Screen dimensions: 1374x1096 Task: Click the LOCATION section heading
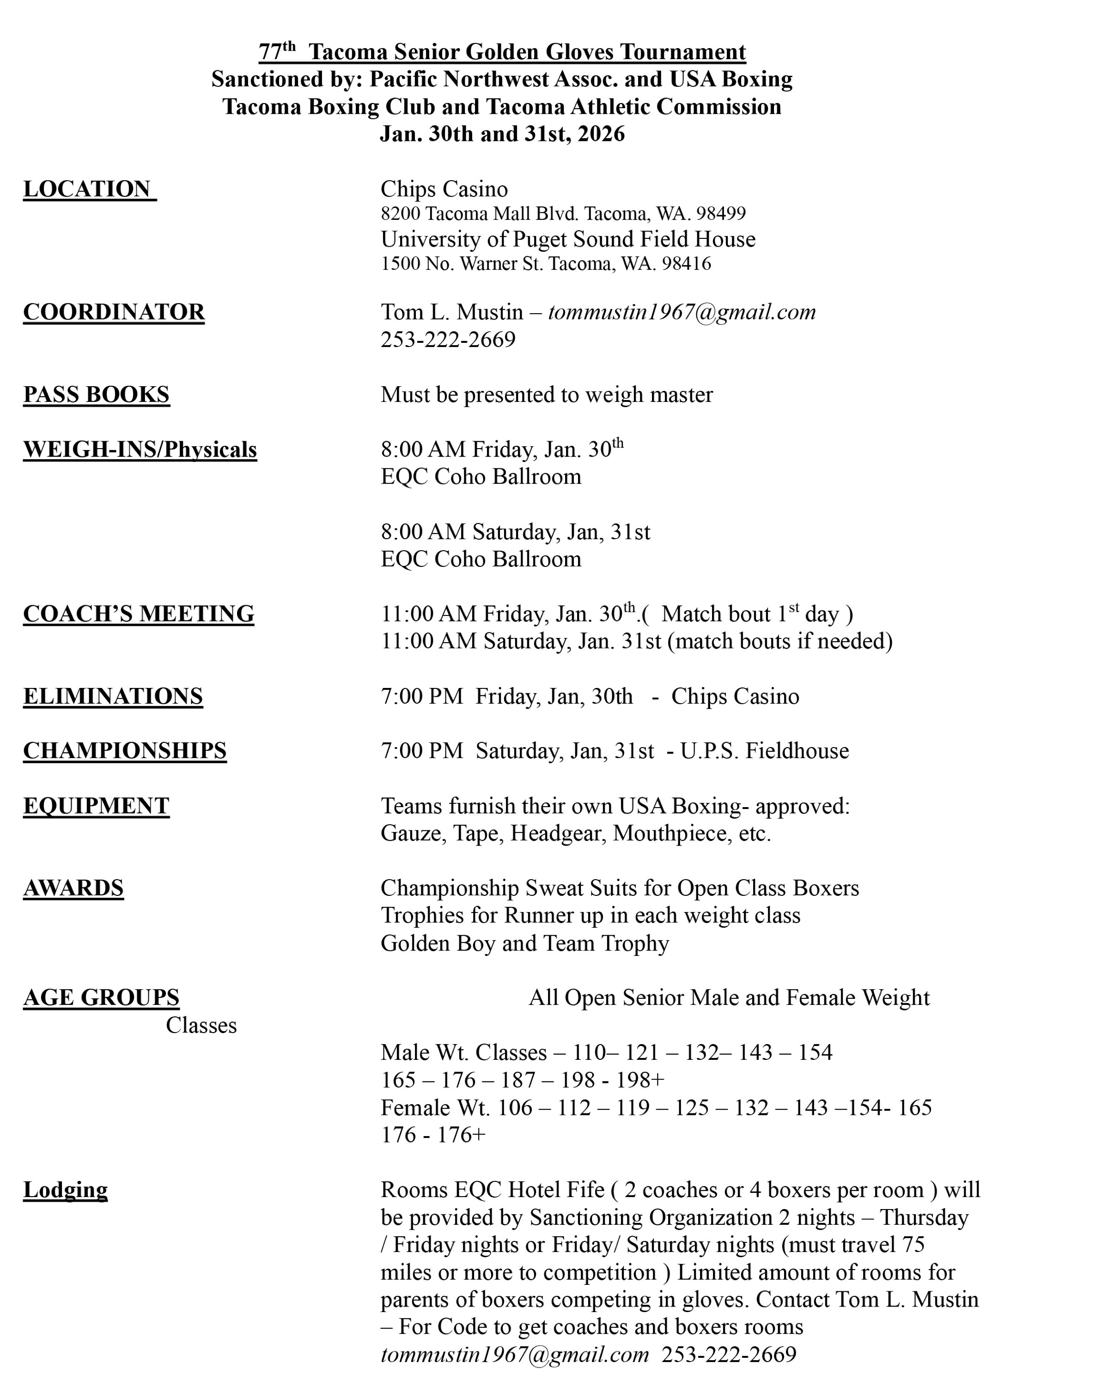coord(89,189)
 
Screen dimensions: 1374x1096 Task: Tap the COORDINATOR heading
coord(114,312)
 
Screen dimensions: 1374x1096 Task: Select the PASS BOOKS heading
coord(96,395)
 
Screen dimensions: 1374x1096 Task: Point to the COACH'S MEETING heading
coord(138,614)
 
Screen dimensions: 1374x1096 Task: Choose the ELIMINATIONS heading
coord(113,696)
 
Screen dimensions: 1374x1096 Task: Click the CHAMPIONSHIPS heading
coord(125,751)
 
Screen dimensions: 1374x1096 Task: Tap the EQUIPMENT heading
coord(96,806)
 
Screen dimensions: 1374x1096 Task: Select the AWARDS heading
coord(73,888)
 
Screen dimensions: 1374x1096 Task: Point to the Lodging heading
coord(65,1190)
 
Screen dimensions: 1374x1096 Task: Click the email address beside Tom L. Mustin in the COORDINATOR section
coord(682,312)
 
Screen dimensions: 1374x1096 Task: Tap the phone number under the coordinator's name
coord(448,340)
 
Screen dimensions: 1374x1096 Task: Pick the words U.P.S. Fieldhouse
coord(764,751)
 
